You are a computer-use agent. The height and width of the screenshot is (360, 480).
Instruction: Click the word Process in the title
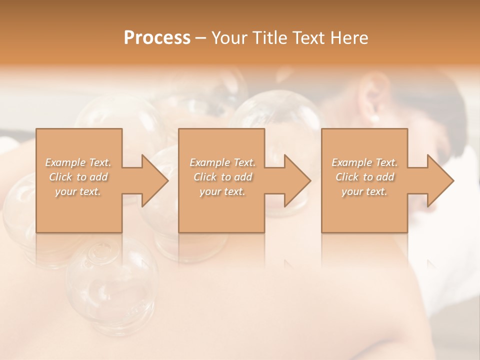pyautogui.click(x=157, y=38)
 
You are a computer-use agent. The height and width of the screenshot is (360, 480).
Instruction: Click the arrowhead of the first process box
pyautogui.click(x=154, y=180)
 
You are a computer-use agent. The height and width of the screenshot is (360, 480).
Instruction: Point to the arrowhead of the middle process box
pyautogui.click(x=297, y=180)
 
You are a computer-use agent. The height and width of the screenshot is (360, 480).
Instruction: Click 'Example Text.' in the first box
pyautogui.click(x=78, y=162)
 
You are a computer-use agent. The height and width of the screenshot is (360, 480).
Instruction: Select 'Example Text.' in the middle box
pyautogui.click(x=222, y=162)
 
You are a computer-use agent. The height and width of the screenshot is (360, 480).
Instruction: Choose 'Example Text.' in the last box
pyautogui.click(x=364, y=162)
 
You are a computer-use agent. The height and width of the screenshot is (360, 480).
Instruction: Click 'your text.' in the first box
pyautogui.click(x=78, y=191)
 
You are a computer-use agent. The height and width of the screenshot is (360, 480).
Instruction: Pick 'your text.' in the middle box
pyautogui.click(x=222, y=191)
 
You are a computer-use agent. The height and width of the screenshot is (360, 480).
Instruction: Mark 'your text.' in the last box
pyautogui.click(x=364, y=191)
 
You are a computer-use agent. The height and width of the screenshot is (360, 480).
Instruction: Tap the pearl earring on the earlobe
pyautogui.click(x=374, y=118)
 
